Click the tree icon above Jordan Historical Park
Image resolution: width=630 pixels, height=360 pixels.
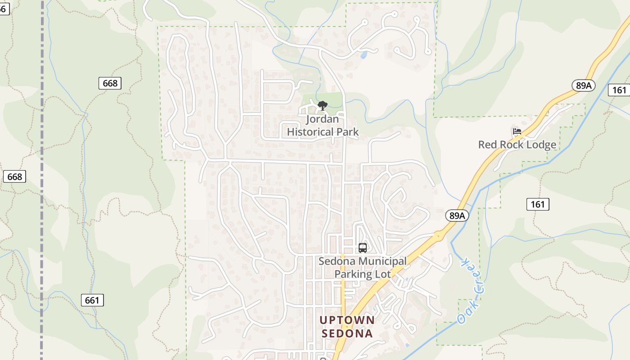[322, 106]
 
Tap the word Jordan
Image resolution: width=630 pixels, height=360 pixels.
[322, 120]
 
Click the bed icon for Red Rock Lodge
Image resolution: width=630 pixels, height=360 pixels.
[517, 132]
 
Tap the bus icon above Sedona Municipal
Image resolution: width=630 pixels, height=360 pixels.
[363, 247]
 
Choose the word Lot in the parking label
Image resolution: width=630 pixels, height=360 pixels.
[382, 274]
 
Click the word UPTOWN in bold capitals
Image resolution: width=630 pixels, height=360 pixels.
[347, 320]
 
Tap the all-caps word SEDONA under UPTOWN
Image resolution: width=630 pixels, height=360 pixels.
[347, 333]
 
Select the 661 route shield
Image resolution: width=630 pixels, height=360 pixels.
[92, 300]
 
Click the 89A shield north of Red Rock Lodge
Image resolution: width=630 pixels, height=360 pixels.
[583, 85]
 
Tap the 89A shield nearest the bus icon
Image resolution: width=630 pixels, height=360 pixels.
[457, 216]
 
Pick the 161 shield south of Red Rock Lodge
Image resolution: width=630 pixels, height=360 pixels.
[537, 204]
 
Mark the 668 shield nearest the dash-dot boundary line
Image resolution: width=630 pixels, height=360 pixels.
[14, 176]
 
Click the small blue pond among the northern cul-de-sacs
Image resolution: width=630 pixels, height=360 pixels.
[363, 55]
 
